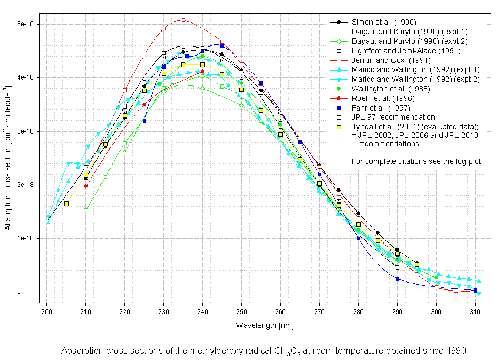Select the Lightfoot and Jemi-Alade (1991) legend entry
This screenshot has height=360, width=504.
406,51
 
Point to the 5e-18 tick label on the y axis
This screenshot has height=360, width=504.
26,24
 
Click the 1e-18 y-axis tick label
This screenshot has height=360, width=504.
26,238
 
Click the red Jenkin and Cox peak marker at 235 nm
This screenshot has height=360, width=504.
183,20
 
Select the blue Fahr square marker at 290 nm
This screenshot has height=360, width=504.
397,279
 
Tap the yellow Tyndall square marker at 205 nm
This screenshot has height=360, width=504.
66,204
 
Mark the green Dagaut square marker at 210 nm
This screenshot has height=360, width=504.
86,210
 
